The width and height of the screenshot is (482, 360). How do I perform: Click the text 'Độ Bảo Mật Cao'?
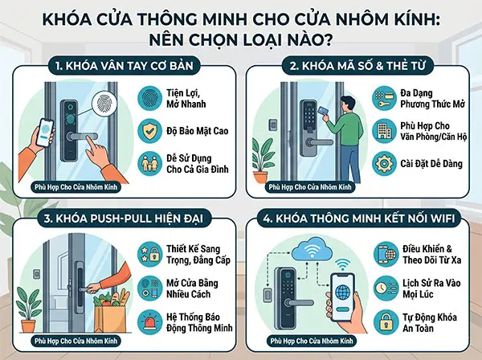click(192, 131)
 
